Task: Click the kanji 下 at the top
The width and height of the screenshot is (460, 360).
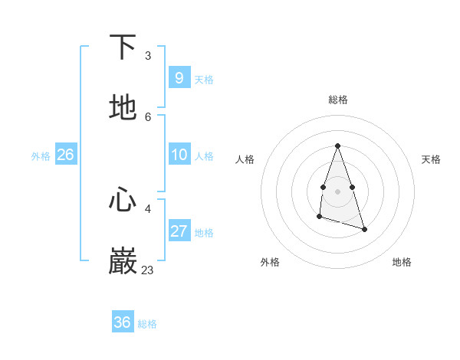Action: [123, 47]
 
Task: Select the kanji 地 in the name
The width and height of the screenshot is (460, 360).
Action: [123, 108]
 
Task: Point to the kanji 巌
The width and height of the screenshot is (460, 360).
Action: [123, 261]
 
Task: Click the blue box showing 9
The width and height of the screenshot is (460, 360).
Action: [179, 77]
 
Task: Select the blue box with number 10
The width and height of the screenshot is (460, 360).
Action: [179, 155]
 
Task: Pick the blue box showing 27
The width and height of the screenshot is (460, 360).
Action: [179, 231]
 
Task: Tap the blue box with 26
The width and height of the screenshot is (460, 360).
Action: [65, 155]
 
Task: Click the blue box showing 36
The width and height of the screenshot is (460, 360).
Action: [122, 322]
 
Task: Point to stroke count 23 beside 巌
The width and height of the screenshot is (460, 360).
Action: [147, 270]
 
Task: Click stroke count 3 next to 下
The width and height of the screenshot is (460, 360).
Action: [147, 56]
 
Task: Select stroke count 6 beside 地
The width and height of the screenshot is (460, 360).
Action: [147, 116]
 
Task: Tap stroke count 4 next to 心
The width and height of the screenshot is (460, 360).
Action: [147, 208]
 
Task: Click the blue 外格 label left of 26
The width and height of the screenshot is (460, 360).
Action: [41, 156]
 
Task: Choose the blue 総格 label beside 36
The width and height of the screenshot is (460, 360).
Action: [147, 324]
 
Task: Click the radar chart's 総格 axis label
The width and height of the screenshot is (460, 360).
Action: [337, 100]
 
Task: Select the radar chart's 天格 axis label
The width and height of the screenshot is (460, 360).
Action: [431, 159]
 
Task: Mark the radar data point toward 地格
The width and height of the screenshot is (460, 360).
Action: [364, 229]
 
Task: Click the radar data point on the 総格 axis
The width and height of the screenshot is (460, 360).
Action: [337, 146]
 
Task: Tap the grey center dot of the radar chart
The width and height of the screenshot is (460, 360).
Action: [337, 191]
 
